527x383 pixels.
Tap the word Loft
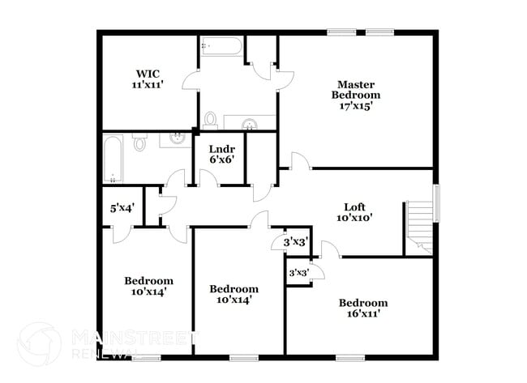pyautogui.click(x=355, y=206)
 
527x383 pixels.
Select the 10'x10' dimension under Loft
pyautogui.click(x=354, y=217)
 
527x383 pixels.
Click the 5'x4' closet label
pyautogui.click(x=122, y=207)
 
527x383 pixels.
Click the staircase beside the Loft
pyautogui.click(x=419, y=226)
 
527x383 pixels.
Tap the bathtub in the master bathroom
pyautogui.click(x=221, y=46)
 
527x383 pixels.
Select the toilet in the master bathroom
pyautogui.click(x=211, y=121)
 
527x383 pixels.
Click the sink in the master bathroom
pyautogui.click(x=250, y=123)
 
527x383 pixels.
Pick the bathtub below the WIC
pyautogui.click(x=113, y=160)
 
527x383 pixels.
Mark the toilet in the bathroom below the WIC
pyautogui.click(x=139, y=144)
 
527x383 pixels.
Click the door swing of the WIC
pyautogui.click(x=191, y=80)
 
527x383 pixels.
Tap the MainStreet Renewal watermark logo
pyautogui.click(x=38, y=343)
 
